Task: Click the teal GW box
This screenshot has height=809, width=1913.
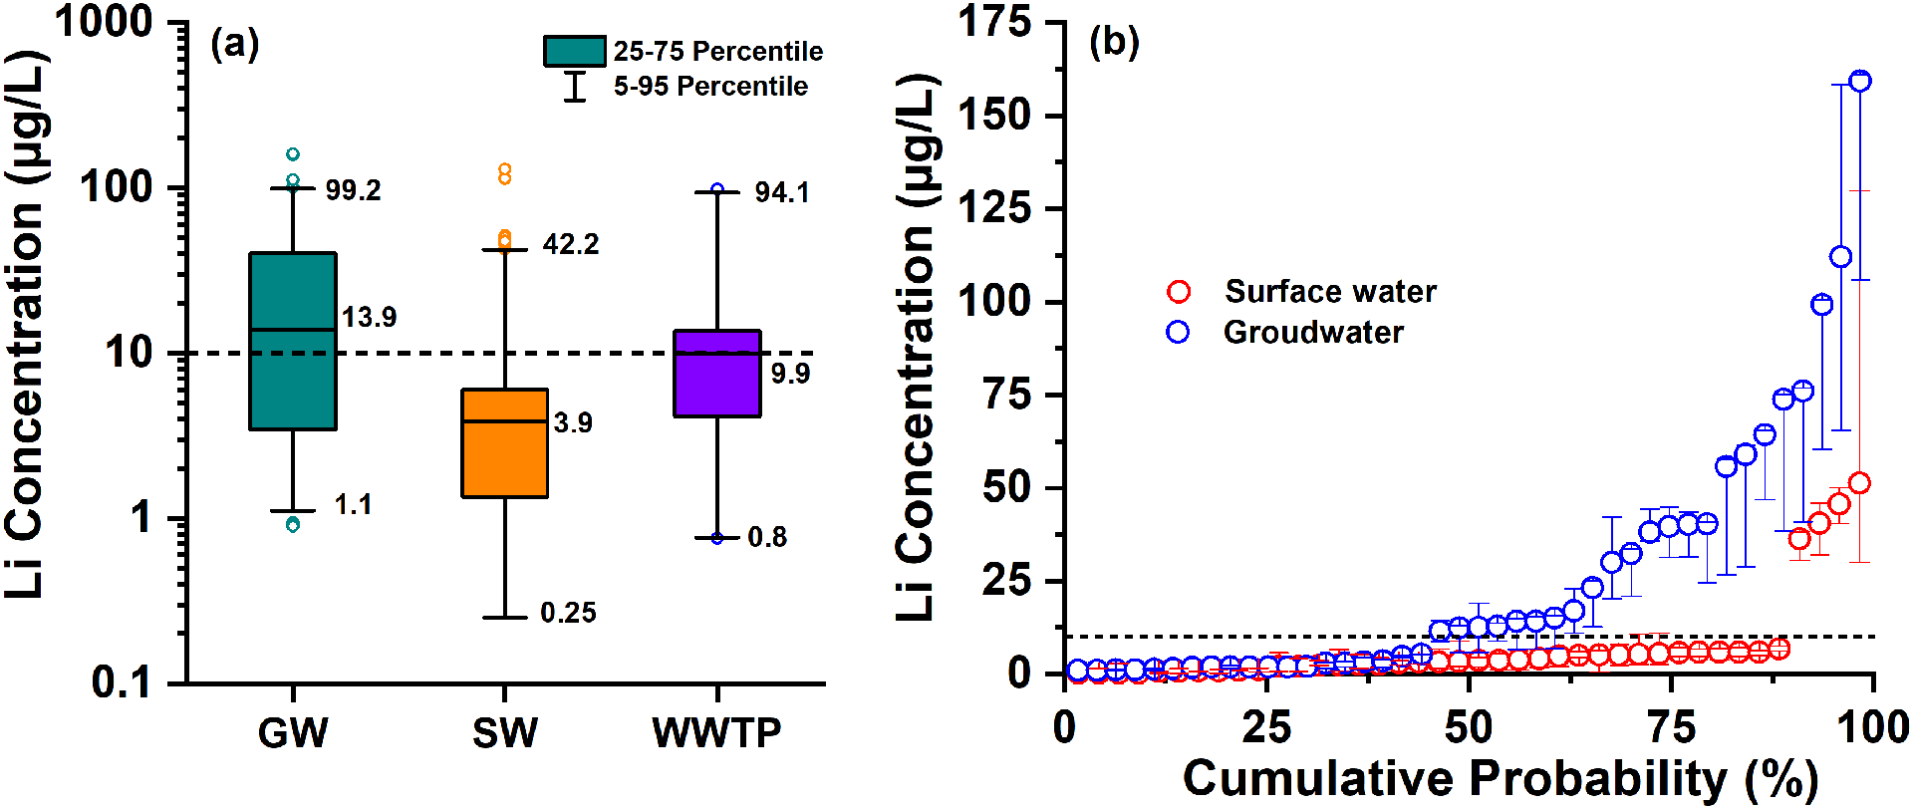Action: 292,341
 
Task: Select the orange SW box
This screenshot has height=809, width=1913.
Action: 504,442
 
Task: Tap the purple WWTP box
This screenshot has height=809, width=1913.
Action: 717,373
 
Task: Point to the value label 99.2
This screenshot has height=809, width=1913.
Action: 353,190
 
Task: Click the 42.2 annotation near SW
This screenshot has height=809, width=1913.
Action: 570,244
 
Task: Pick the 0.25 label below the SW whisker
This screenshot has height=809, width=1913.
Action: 568,613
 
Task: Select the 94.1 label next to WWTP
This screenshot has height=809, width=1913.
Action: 782,192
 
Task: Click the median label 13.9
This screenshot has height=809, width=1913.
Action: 369,317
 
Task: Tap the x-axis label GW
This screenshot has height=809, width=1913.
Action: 292,733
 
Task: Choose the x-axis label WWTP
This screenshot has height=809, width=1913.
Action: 716,733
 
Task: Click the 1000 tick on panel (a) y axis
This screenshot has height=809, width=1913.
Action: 104,22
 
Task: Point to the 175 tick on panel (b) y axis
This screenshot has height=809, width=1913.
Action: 994,22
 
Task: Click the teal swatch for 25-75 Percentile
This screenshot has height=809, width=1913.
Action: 574,51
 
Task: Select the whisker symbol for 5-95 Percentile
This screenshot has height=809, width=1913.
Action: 575,87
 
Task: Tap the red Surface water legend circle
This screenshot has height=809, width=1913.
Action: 1179,291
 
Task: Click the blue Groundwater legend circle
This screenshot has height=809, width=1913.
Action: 1178,332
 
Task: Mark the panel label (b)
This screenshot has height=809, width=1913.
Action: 1114,42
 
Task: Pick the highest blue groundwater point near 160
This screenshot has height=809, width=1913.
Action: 1859,81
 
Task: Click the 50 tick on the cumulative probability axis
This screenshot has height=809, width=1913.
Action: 1468,728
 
